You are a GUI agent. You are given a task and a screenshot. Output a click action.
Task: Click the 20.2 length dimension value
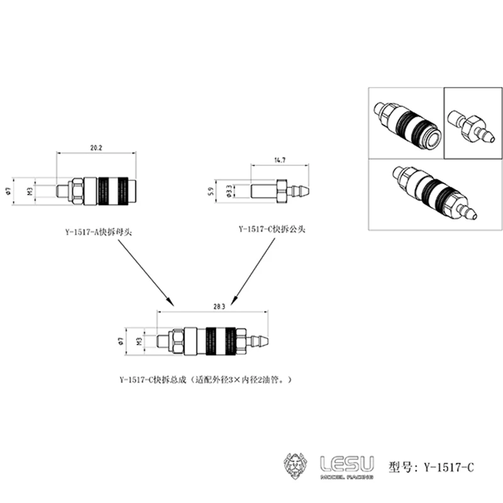tap(96, 147)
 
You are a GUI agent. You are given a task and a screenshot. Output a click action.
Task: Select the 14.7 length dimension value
tap(280, 161)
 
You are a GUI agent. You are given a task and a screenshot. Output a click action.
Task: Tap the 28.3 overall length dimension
tap(219, 306)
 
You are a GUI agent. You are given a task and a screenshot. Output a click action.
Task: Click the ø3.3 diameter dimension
tap(227, 189)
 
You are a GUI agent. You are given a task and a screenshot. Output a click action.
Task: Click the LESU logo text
tap(346, 464)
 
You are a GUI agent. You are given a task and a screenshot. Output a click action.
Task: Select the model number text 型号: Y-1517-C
tap(431, 467)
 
